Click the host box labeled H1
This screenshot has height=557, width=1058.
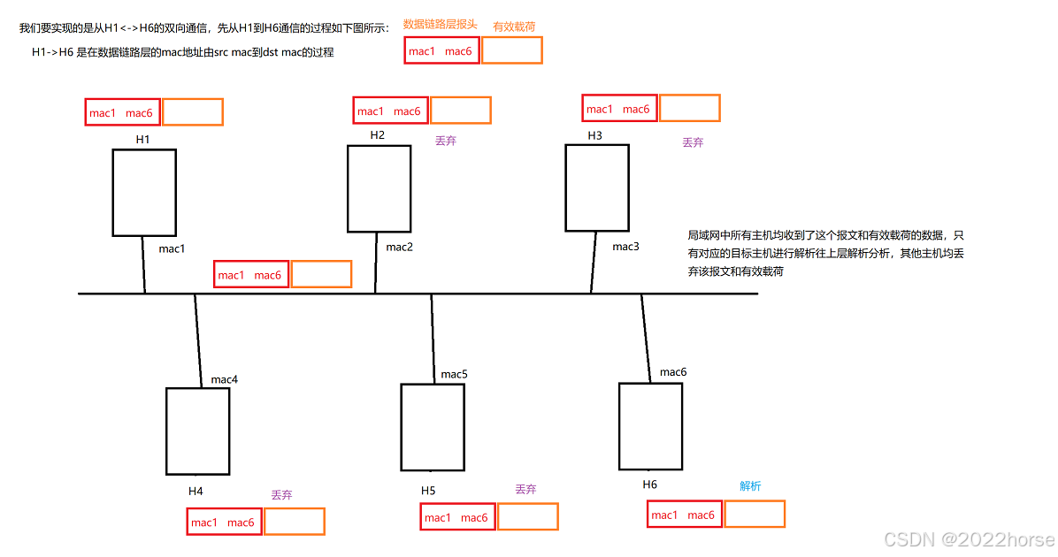click(x=144, y=192)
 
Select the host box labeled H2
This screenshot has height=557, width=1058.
click(x=379, y=188)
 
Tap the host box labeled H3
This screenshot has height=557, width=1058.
click(x=597, y=187)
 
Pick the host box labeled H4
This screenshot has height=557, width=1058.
click(x=198, y=431)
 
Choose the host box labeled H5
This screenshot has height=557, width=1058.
click(x=433, y=426)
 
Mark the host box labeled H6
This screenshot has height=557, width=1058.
click(x=650, y=425)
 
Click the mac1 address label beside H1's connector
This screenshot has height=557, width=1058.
click(x=172, y=248)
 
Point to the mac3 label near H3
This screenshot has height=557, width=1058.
click(x=625, y=247)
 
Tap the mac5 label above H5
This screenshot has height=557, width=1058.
click(x=455, y=374)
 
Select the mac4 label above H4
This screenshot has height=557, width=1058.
click(x=225, y=379)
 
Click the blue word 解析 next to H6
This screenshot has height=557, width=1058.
click(x=750, y=486)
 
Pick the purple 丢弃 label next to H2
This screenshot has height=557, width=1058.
click(x=446, y=141)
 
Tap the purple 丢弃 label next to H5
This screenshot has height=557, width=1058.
click(x=525, y=489)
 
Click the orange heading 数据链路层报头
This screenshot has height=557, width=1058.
click(x=440, y=25)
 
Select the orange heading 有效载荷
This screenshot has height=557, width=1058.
click(x=514, y=27)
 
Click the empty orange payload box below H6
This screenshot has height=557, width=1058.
click(x=755, y=514)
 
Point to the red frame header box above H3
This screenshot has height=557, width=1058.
click(x=619, y=109)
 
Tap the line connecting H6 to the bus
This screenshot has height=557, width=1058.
click(x=648, y=339)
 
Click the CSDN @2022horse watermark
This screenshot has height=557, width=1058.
click(x=969, y=538)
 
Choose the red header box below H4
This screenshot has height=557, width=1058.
click(x=224, y=522)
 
